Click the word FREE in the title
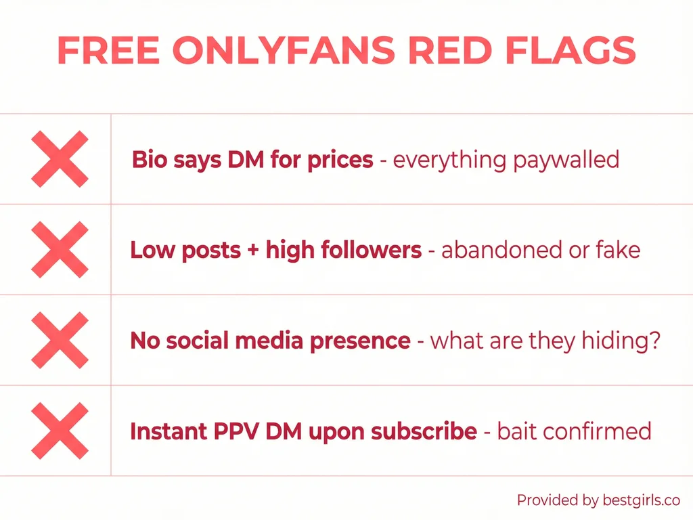pos(107,50)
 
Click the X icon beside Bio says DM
pos(60,160)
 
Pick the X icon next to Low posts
pos(60,250)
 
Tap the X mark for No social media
pos(60,341)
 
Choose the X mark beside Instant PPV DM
pos(60,431)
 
